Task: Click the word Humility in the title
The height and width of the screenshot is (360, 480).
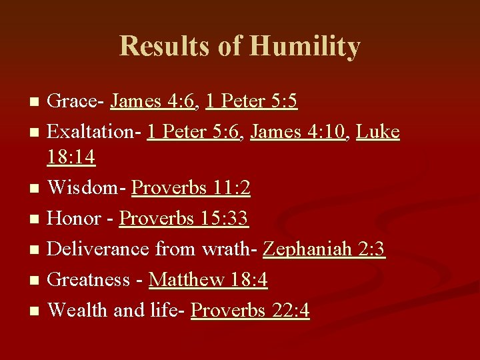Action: pos(305,47)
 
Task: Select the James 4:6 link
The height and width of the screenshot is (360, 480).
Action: pos(153,101)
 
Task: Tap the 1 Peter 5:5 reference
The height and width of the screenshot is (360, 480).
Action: pos(252,101)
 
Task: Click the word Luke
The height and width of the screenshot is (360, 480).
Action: pos(378,132)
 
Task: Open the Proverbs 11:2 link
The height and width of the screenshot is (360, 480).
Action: pos(191,189)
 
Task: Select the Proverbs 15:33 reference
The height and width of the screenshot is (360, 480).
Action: pos(184,219)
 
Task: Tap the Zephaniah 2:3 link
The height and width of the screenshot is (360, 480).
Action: pos(324,249)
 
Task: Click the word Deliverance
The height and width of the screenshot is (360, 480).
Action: pos(99,249)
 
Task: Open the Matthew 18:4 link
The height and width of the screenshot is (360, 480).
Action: pos(208,280)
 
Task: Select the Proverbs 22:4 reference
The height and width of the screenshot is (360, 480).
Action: pos(250,311)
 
